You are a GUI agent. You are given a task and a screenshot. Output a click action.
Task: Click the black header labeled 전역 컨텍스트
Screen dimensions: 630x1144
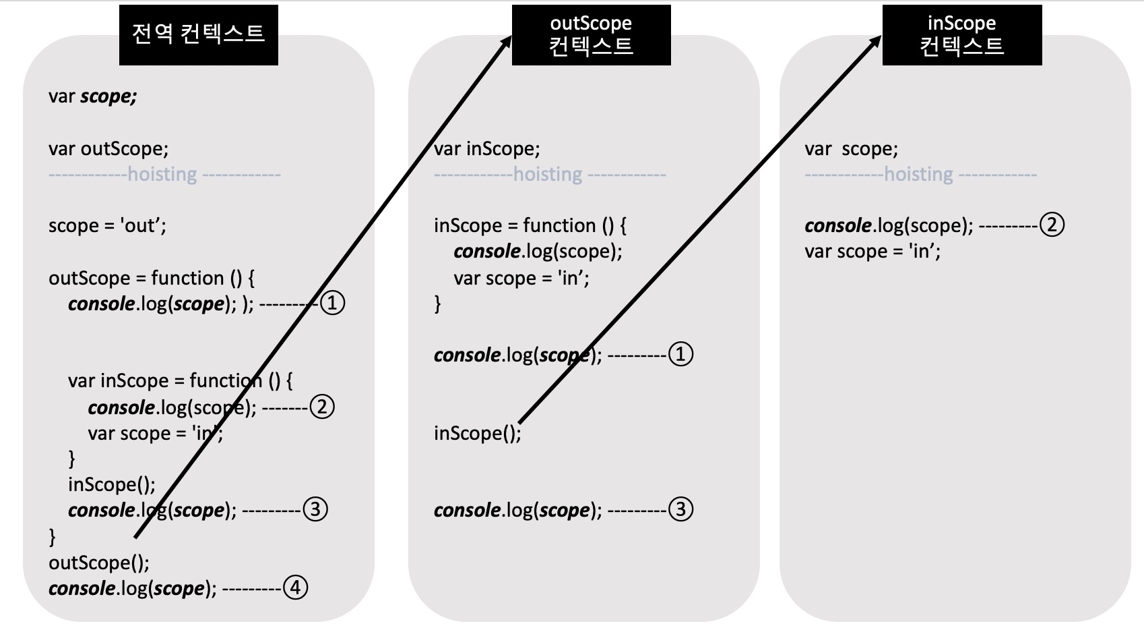click(x=198, y=34)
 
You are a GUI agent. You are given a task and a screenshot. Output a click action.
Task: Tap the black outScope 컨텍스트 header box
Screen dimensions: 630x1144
click(x=591, y=34)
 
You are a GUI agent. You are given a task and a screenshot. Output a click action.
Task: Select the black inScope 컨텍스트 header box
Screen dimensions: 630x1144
click(x=961, y=34)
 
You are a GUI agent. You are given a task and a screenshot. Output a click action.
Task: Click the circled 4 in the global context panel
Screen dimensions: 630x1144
click(x=295, y=588)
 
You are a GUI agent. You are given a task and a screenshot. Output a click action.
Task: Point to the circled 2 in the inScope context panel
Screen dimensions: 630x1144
click(x=1052, y=225)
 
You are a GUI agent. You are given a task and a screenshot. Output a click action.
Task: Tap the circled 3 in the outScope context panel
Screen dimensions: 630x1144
click(x=680, y=509)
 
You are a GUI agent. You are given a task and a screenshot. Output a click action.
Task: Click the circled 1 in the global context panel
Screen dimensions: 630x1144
click(x=332, y=303)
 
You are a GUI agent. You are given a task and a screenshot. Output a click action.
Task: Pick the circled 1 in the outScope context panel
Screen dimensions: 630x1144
click(x=680, y=354)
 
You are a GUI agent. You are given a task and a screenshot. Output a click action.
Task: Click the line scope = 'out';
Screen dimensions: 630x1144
click(x=107, y=225)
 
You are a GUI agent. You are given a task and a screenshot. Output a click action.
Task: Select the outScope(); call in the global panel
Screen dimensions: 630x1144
click(x=99, y=563)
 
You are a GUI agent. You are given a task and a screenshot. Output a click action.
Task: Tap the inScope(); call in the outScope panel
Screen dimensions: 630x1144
click(x=477, y=432)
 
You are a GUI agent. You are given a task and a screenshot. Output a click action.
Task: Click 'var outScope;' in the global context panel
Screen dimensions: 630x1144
click(x=108, y=148)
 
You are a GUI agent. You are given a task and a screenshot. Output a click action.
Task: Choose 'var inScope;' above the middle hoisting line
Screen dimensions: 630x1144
click(x=486, y=148)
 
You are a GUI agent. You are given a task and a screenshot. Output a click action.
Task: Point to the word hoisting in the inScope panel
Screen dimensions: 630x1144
click(x=918, y=174)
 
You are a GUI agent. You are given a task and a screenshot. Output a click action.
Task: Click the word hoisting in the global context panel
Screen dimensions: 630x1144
click(x=162, y=174)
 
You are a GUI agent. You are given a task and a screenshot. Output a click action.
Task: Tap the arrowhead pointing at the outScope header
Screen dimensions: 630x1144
click(x=507, y=42)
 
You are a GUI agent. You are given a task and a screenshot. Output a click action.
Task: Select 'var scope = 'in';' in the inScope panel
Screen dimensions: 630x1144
click(x=872, y=252)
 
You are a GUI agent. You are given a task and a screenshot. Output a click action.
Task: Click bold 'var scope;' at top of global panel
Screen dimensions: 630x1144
click(x=92, y=96)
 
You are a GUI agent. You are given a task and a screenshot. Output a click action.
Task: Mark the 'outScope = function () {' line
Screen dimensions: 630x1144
click(x=152, y=278)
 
